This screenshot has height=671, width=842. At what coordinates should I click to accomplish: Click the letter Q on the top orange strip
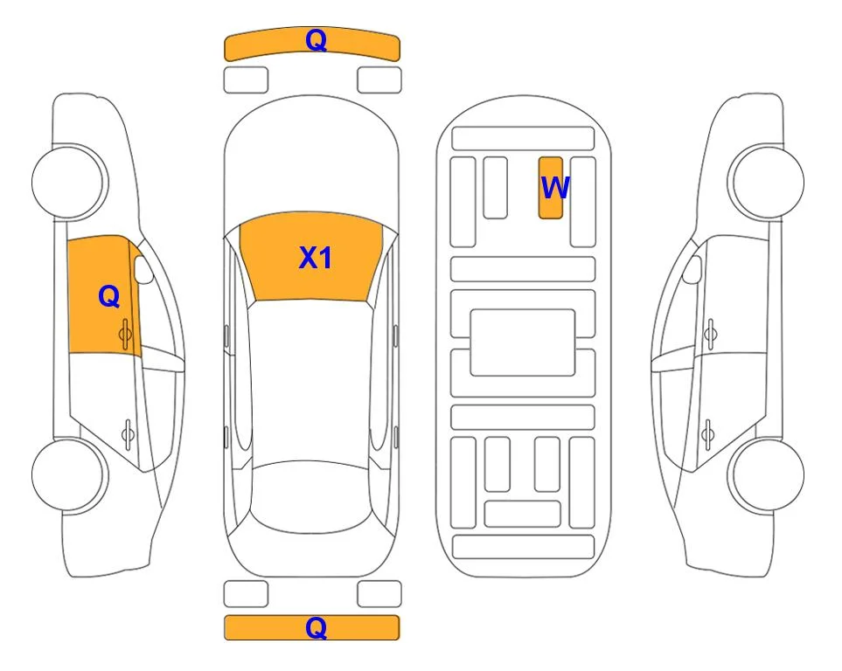click(x=316, y=40)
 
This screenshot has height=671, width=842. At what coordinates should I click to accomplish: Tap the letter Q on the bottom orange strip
click(x=316, y=627)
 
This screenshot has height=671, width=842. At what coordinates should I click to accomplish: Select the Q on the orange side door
click(x=109, y=296)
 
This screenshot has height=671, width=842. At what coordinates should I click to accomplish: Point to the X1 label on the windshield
click(x=316, y=258)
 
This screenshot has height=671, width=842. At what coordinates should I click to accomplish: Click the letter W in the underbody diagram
click(x=554, y=188)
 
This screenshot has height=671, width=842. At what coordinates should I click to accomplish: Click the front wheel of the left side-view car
click(x=69, y=182)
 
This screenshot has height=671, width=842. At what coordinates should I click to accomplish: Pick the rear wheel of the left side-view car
click(x=69, y=475)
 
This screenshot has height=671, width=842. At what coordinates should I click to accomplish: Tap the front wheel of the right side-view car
click(x=766, y=182)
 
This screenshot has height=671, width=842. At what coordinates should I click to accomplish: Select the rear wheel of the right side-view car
click(x=768, y=475)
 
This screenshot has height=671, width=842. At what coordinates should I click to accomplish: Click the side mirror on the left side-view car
click(x=143, y=269)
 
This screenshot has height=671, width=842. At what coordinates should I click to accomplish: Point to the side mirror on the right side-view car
click(x=692, y=269)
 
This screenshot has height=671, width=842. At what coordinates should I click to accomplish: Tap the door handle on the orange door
click(x=126, y=334)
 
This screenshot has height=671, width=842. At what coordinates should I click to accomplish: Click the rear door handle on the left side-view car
click(x=128, y=433)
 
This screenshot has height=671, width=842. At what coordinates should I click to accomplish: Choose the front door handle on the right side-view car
click(x=711, y=334)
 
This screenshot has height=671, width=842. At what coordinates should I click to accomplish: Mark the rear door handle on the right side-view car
click(x=707, y=433)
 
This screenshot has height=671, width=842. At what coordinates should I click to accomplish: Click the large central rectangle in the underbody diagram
click(x=523, y=342)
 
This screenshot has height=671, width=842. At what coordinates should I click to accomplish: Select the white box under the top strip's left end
click(x=246, y=80)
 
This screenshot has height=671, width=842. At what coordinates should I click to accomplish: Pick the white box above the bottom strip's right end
click(x=379, y=594)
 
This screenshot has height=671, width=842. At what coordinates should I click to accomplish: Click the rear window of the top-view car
click(x=311, y=496)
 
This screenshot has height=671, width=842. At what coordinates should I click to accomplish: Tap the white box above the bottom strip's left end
click(x=246, y=594)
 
